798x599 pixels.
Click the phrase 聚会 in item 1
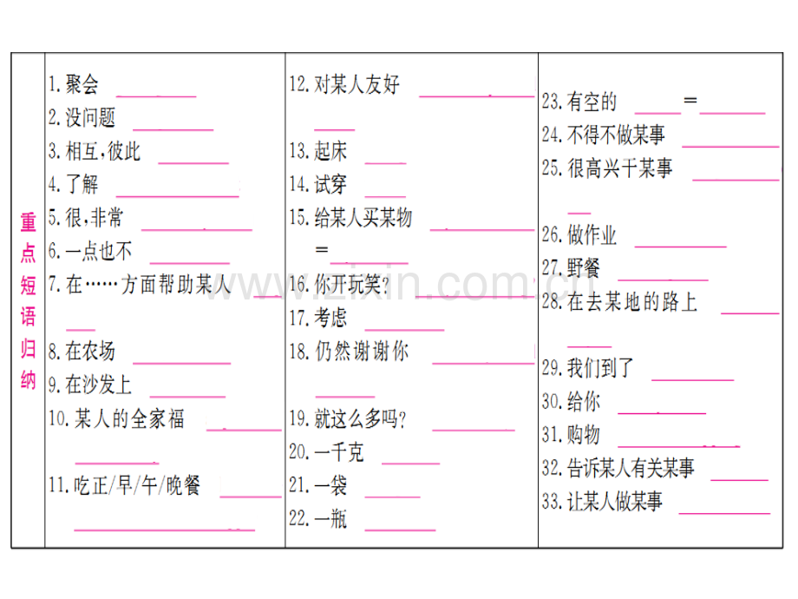coord(82,84)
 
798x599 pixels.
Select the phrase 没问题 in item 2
coord(90,118)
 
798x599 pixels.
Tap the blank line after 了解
coord(178,196)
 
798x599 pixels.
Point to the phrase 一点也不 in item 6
coord(99,251)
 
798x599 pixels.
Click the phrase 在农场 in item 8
coord(90,352)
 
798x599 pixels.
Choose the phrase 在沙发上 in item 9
coord(99,385)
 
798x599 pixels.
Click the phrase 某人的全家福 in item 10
coord(129,418)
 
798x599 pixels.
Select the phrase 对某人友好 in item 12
coord(356,84)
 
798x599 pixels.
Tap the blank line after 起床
coord(385,163)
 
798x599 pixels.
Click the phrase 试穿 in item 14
coord(330,184)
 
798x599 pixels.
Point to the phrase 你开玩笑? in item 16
coord(352,285)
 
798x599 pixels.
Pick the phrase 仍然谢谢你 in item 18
coord(362,352)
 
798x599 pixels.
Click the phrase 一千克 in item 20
coord(339,451)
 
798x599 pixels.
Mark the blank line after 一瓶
coord(400,530)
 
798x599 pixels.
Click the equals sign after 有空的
coord(690,101)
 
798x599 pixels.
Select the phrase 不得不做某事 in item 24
coord(617,135)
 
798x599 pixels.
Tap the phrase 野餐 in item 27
coord(584,268)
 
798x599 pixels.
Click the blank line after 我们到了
coord(693,380)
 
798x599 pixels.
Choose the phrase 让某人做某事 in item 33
coord(615,502)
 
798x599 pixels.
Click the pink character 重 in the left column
coord(29,222)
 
